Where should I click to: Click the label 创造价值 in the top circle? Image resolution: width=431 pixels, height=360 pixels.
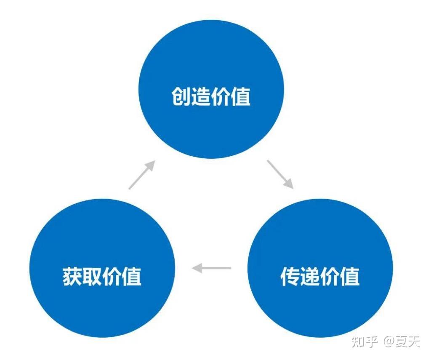click(211, 96)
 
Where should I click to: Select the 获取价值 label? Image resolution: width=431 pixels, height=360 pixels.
click(102, 276)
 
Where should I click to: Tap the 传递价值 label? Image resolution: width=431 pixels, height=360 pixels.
click(320, 276)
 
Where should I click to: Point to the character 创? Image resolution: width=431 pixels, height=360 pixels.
click(181, 96)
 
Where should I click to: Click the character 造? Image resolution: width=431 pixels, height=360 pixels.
click(201, 96)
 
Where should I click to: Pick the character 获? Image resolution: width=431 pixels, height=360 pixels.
click(72, 276)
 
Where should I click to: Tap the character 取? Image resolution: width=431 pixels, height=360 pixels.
click(92, 276)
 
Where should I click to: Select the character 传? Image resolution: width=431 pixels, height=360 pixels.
click(290, 276)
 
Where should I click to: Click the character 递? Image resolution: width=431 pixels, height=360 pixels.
click(310, 276)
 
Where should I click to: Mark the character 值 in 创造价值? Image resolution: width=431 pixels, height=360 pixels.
click(241, 96)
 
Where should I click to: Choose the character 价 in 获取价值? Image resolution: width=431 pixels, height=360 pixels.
click(112, 276)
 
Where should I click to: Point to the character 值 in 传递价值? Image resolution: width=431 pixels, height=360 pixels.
click(350, 276)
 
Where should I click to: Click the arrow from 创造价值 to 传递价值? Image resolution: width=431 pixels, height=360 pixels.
click(280, 174)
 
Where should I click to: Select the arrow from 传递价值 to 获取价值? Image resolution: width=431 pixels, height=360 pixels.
click(211, 268)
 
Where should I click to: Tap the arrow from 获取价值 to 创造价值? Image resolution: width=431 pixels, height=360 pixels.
click(142, 175)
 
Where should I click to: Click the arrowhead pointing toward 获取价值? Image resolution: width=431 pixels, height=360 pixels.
click(197, 268)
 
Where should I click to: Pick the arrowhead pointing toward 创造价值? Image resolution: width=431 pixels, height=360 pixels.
click(151, 165)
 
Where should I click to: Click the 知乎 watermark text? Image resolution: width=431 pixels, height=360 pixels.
click(364, 341)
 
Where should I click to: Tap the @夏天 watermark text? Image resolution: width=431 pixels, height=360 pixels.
click(402, 341)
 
